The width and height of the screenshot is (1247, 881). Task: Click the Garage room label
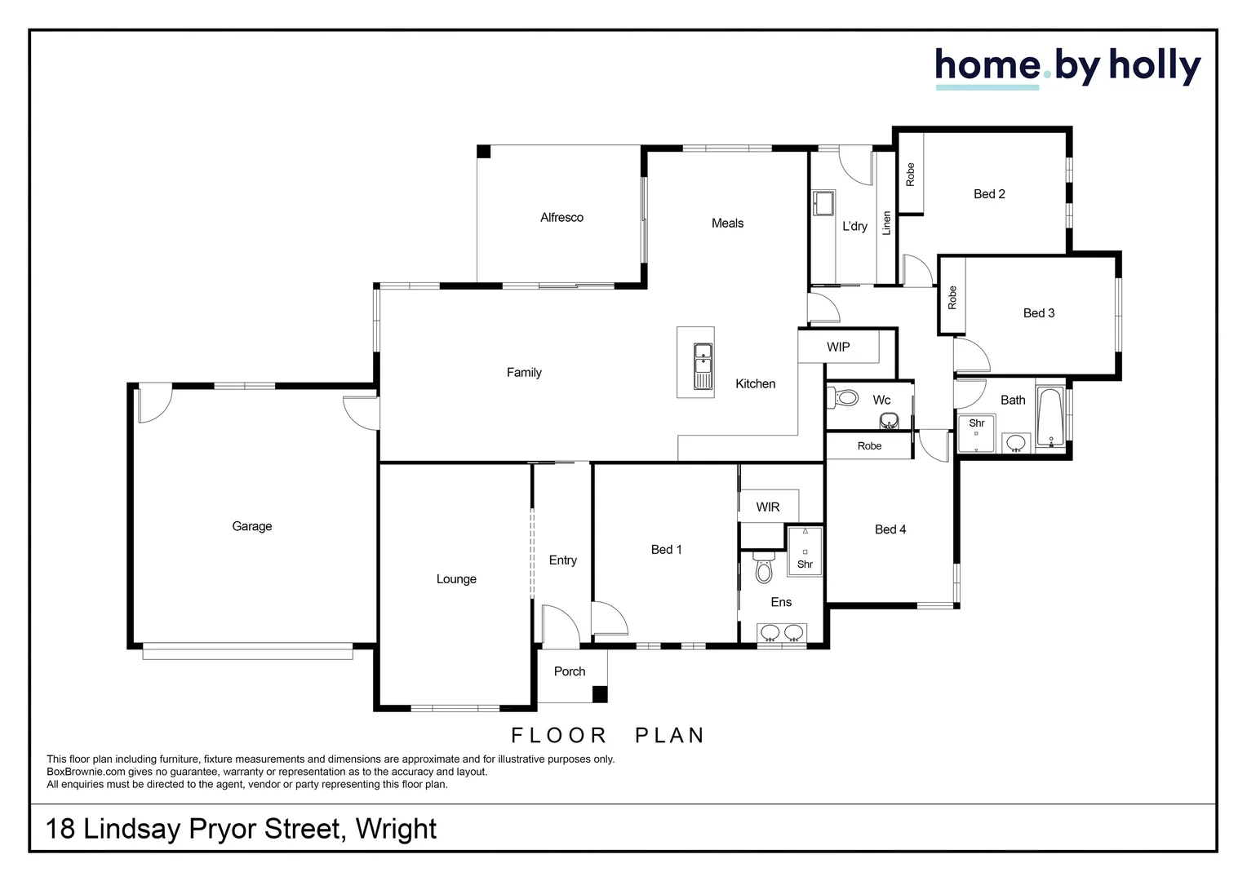tap(251, 526)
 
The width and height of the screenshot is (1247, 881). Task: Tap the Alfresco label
tap(561, 218)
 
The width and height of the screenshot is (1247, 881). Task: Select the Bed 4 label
tap(890, 529)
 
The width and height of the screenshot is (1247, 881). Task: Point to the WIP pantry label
tap(838, 348)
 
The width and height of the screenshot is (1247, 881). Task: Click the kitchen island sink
tap(703, 366)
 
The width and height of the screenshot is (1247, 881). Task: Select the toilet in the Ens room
tap(764, 568)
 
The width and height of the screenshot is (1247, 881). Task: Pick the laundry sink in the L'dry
tap(823, 203)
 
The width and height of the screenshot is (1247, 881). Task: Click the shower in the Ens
tap(805, 551)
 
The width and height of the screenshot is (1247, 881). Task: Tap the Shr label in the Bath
tap(976, 423)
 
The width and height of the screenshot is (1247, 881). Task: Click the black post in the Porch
tap(599, 694)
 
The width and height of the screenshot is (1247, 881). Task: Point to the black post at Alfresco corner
tap(483, 152)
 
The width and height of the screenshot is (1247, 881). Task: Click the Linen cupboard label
tap(886, 224)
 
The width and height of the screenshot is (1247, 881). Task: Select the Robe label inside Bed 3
tap(952, 298)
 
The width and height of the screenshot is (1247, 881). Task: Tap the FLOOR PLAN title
tap(608, 735)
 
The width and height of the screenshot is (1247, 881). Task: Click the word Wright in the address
tap(396, 830)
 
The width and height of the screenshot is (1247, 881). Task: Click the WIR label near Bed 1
tap(768, 507)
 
